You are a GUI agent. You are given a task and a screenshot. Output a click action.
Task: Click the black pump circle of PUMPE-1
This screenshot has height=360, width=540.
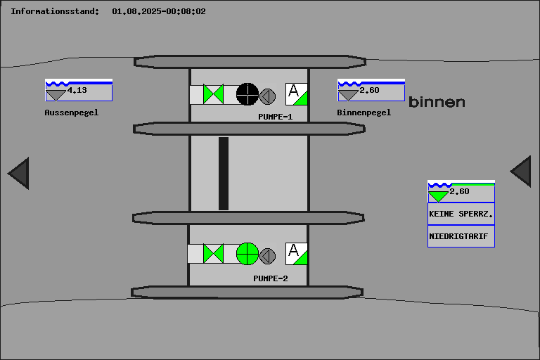[247, 94]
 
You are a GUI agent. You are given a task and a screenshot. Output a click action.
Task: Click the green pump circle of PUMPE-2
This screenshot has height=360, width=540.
[247, 253]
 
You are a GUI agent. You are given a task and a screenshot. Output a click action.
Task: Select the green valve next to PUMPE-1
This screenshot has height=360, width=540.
[213, 94]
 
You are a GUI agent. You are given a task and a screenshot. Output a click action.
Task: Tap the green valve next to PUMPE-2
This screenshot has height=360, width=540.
[213, 253]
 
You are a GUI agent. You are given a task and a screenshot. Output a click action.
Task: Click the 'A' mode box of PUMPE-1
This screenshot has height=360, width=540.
[296, 94]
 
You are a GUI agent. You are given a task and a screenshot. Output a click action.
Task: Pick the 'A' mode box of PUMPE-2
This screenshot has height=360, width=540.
[296, 253]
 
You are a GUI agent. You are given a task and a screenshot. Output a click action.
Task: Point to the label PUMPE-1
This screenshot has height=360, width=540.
[275, 117]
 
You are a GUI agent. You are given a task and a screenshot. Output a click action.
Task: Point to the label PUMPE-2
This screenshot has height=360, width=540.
[271, 278]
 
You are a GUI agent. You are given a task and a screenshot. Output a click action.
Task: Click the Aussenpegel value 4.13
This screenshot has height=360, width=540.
[77, 90]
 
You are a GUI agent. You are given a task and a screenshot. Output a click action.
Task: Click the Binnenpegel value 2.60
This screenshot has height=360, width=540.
[369, 90]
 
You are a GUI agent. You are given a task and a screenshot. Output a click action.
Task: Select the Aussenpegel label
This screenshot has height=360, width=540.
[72, 112]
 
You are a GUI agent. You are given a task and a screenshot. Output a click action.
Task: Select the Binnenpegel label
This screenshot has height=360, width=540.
[364, 112]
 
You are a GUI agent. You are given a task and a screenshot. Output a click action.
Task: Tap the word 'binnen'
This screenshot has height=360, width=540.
[437, 102]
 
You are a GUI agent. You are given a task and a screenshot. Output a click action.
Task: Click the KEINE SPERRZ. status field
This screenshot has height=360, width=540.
[461, 213]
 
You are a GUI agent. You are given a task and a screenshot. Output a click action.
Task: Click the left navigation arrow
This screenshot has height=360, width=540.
[19, 173]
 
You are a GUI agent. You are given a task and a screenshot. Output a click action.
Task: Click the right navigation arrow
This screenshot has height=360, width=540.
[521, 172]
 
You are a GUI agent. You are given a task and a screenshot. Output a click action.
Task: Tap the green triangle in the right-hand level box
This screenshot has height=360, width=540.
[438, 196]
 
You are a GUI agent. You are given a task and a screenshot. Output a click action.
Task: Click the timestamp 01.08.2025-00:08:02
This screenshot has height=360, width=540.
[159, 11]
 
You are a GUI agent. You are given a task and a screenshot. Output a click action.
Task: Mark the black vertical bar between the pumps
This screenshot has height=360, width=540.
[224, 174]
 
